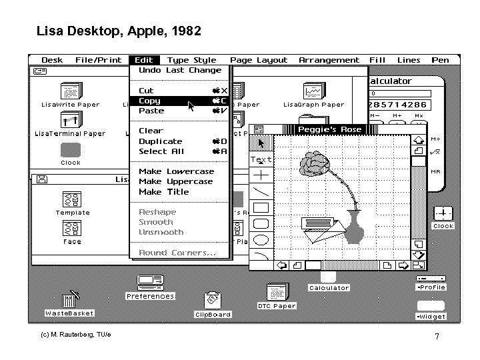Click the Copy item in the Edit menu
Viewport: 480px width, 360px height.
(150, 101)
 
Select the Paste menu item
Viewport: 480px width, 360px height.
(151, 111)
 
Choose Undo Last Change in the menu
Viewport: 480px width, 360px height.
(179, 70)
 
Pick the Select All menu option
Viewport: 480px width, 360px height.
(161, 151)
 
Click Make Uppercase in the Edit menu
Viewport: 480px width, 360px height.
(175, 181)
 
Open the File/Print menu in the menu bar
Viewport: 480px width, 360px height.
(98, 60)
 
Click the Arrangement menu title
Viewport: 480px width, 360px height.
(329, 60)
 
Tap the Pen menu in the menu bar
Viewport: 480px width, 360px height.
(440, 60)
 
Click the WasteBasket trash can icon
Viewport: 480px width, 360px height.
(69, 302)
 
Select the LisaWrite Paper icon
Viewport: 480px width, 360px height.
(71, 91)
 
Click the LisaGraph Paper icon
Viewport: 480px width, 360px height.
(313, 91)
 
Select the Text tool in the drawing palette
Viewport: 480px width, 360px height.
(261, 160)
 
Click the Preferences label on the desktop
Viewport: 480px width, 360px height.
(150, 296)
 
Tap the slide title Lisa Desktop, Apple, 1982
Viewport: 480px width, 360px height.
(118, 31)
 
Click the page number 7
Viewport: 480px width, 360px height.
(437, 337)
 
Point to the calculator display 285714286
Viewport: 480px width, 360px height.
(398, 105)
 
